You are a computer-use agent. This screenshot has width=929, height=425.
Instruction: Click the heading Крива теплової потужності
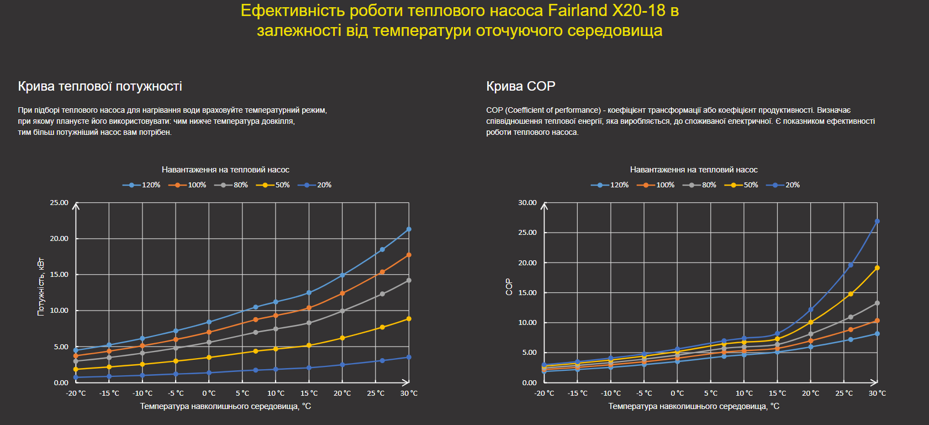(x=100, y=86)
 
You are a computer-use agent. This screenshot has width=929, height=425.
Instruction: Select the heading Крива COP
(x=520, y=86)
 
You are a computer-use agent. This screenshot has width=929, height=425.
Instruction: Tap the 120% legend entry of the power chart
(x=142, y=185)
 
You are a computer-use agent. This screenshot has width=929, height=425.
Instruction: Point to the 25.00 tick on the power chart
(x=59, y=203)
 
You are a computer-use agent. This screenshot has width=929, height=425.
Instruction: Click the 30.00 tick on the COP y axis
(x=527, y=203)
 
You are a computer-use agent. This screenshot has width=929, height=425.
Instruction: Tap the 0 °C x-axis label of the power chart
(x=209, y=393)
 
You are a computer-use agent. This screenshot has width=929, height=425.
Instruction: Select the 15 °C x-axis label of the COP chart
(x=777, y=393)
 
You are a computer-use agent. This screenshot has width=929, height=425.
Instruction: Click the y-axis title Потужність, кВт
(x=41, y=286)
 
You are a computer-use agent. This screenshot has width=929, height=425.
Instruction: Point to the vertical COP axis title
(x=509, y=286)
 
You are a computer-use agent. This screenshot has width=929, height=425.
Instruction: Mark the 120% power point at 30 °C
(x=409, y=229)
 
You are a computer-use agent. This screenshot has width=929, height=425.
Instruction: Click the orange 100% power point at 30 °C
(x=409, y=255)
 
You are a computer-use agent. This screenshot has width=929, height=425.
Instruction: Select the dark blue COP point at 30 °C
(x=877, y=222)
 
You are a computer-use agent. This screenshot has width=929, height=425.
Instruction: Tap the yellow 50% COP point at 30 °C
(x=877, y=268)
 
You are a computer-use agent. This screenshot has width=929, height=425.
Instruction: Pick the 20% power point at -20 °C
(x=76, y=377)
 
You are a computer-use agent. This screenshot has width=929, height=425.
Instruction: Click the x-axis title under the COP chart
(x=694, y=406)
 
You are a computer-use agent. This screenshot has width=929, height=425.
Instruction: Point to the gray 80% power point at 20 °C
(x=342, y=311)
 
